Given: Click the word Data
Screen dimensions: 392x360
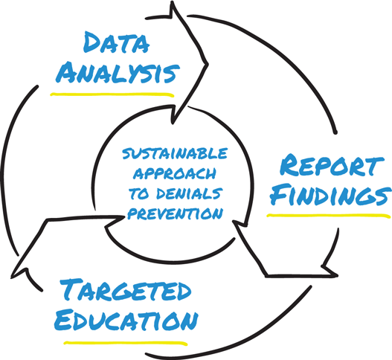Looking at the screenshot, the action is [x=116, y=42].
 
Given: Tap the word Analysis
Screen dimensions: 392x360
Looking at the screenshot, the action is [x=118, y=72].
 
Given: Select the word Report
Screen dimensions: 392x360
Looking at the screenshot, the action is [x=331, y=166].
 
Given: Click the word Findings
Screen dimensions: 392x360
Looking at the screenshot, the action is [x=330, y=194].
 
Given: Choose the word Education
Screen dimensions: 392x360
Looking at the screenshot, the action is [x=126, y=320].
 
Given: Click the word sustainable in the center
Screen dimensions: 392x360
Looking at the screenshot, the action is [x=175, y=154].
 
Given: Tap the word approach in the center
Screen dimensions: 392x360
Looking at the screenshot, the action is [x=175, y=173].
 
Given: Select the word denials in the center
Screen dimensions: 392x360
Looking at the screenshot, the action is [x=189, y=193].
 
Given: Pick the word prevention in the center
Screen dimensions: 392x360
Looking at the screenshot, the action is [x=176, y=213].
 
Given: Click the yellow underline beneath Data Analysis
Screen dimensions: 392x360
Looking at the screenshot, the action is [x=112, y=94].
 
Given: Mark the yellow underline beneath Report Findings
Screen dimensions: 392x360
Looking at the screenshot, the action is [x=329, y=216].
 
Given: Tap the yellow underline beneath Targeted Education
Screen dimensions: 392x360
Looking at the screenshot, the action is [x=126, y=343].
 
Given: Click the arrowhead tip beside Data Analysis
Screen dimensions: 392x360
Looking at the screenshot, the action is [x=208, y=64].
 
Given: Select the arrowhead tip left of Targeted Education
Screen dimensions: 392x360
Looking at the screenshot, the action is [x=11, y=277].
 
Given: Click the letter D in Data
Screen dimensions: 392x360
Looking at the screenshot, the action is [x=91, y=42].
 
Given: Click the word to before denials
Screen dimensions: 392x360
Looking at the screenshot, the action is [x=139, y=193].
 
